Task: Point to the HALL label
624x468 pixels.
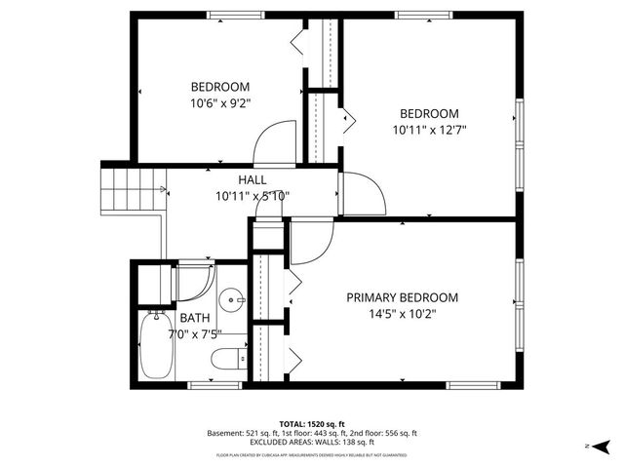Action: coord(253,180)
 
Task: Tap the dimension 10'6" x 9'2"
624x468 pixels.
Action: coord(220,102)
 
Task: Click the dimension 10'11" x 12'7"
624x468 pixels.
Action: coord(430,130)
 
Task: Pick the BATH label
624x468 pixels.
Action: coord(193,318)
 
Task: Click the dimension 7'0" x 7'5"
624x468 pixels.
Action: coord(193,334)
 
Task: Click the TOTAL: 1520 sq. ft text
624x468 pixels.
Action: coord(312,423)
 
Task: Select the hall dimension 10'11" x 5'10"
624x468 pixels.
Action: coord(253,196)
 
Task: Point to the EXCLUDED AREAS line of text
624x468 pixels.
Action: coord(312,444)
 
